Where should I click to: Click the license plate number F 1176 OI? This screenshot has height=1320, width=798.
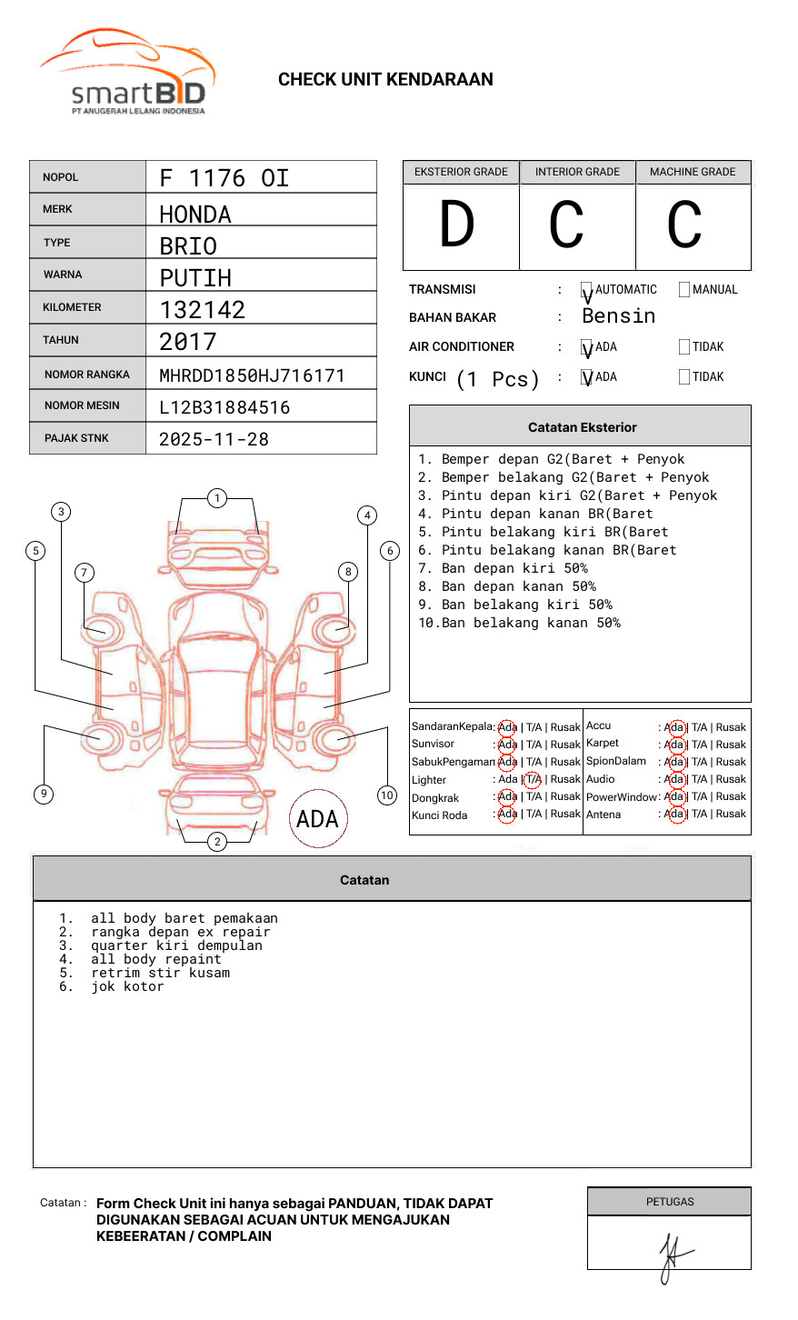click(x=224, y=177)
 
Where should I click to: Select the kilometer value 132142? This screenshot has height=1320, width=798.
click(x=202, y=310)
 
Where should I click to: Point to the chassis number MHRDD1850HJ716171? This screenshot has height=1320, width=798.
click(x=252, y=375)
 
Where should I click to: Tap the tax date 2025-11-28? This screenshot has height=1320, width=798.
click(x=214, y=439)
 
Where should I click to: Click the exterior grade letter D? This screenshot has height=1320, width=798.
click(x=457, y=225)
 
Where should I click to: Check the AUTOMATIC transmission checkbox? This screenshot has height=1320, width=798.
click(x=587, y=290)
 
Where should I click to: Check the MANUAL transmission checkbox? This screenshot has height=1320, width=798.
click(x=684, y=290)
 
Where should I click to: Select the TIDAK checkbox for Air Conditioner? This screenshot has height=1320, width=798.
click(x=684, y=347)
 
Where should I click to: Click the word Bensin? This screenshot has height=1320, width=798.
click(x=618, y=316)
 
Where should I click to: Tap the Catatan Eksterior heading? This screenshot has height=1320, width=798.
click(x=582, y=427)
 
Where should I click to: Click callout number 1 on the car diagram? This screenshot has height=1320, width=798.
click(x=216, y=498)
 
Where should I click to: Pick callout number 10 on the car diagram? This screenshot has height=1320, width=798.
click(x=387, y=795)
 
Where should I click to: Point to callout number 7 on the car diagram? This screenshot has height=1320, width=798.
click(x=84, y=572)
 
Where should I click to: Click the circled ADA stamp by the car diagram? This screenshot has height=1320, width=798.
click(x=317, y=819)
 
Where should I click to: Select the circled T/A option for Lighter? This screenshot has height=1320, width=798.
click(x=533, y=779)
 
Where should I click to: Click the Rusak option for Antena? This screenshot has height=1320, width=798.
click(x=731, y=814)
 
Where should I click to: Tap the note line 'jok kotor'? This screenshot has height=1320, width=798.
click(x=127, y=986)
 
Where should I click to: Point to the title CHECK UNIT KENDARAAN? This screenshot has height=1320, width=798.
click(x=385, y=80)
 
